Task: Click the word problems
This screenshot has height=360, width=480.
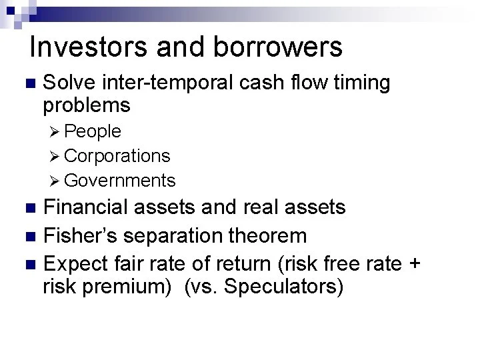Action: tap(86, 105)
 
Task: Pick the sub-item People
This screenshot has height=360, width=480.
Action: tap(93, 131)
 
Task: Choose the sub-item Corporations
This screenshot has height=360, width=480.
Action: tap(118, 156)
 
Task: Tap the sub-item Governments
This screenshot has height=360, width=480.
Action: tap(121, 181)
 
